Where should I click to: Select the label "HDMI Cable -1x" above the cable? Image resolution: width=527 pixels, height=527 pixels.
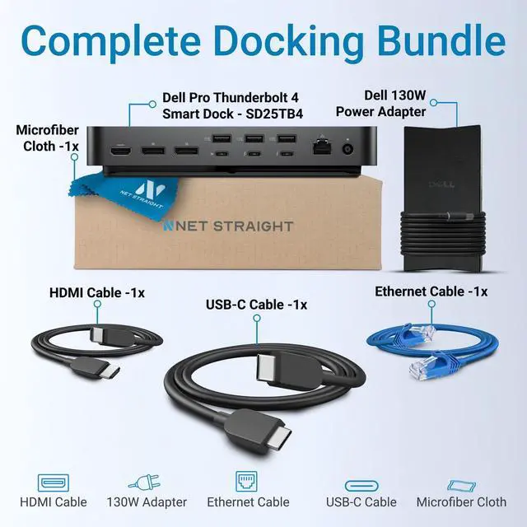click(x=96, y=291)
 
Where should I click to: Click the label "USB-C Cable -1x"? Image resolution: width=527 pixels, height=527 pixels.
click(x=256, y=304)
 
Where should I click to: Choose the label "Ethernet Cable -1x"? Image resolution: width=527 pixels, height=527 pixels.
click(x=431, y=291)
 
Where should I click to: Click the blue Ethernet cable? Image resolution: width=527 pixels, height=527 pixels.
click(x=420, y=347)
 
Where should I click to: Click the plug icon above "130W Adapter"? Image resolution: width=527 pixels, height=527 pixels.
click(x=146, y=483)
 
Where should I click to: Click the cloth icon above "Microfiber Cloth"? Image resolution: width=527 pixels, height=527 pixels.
click(x=461, y=484)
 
